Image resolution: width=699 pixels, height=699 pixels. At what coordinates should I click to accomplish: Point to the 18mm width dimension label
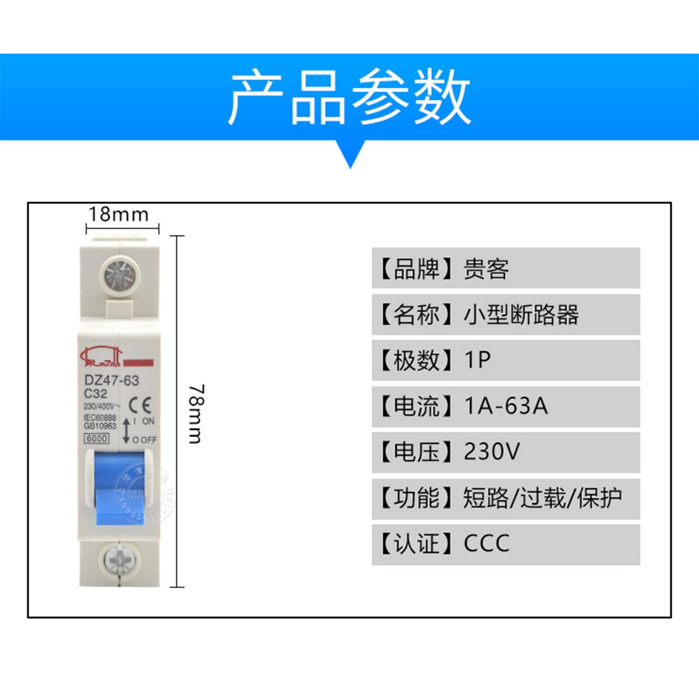(x=118, y=214)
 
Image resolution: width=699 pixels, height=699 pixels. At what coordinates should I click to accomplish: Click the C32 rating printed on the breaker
(x=96, y=393)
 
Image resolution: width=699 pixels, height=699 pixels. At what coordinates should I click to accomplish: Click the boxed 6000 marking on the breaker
(x=97, y=439)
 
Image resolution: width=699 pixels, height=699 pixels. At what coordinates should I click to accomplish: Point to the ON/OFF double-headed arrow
(x=126, y=429)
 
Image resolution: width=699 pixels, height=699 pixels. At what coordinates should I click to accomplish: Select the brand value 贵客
(x=486, y=269)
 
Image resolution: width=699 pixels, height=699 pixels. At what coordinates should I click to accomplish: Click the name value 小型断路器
(x=521, y=315)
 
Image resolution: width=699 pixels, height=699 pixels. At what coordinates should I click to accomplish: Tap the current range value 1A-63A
(x=506, y=405)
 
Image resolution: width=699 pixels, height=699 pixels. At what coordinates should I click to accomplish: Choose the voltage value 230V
(x=492, y=451)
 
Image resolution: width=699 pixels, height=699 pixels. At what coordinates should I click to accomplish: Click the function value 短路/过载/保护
(x=542, y=498)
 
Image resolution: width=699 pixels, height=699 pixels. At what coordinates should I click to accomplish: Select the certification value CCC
(x=486, y=543)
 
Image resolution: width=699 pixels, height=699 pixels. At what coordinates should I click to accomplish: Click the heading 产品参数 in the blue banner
(x=349, y=98)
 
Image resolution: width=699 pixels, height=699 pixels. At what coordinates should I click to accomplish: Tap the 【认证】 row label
(x=416, y=543)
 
